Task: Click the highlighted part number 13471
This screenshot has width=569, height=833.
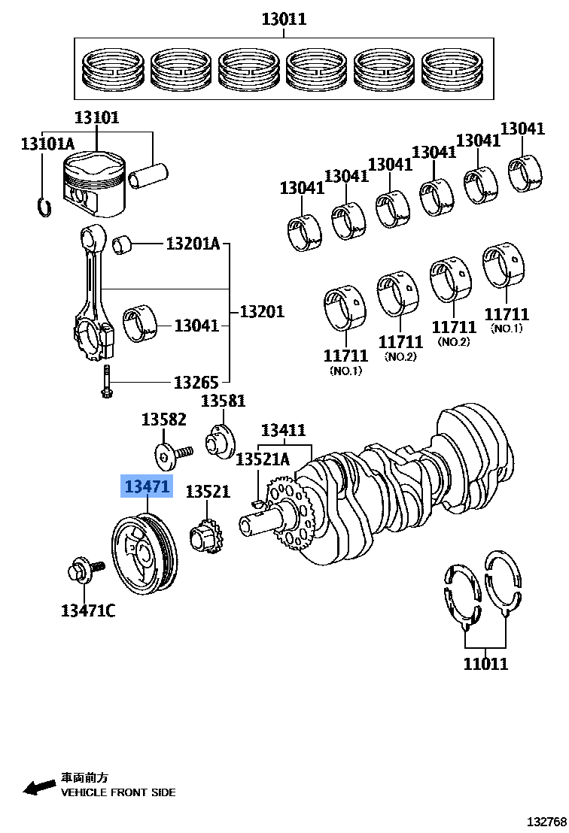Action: coord(148,487)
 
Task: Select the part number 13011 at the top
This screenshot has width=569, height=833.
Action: coord(284,19)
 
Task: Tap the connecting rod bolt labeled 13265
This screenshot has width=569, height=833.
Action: coord(106,382)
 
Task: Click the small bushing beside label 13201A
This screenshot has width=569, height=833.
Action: coord(123,244)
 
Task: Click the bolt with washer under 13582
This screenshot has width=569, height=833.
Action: coord(173,453)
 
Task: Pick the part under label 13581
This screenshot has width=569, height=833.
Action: coord(221,440)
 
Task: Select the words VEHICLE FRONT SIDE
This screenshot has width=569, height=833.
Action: coord(118,792)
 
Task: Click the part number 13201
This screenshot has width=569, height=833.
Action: coord(262,310)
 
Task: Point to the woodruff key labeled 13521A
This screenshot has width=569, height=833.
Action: coord(256,502)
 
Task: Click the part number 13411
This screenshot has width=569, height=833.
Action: coord(283,430)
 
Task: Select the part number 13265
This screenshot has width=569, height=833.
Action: coord(196,382)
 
